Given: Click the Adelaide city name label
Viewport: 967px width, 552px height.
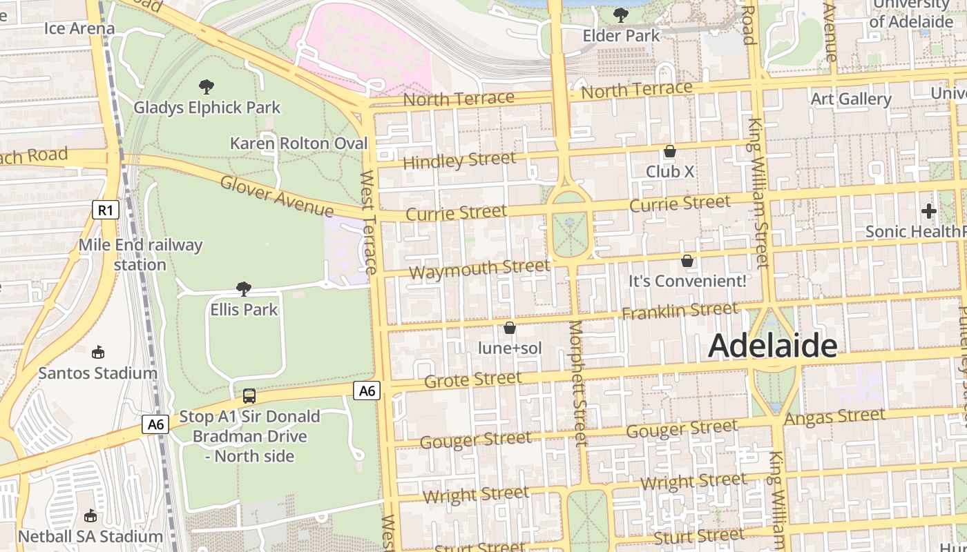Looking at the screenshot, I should [772, 346].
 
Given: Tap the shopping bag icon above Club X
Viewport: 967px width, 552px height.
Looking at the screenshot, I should [669, 151].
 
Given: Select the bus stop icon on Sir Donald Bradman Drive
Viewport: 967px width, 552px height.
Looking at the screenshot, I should [249, 396].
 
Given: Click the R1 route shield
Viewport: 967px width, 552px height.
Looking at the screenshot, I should [105, 210].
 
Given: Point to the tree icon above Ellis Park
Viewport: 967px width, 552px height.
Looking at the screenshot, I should [243, 289].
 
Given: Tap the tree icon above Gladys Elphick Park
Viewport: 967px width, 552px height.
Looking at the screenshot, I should [206, 87].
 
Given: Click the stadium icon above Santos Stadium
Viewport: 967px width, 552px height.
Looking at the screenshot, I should [98, 353].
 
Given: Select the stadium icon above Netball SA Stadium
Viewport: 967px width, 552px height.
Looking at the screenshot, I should [90, 516].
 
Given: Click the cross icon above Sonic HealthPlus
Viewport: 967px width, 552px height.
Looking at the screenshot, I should [928, 210].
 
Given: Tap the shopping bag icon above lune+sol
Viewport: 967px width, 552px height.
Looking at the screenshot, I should [510, 328].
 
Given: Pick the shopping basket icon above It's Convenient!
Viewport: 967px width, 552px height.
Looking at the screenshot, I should [687, 261].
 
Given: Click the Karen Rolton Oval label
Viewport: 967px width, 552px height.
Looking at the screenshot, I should [298, 144].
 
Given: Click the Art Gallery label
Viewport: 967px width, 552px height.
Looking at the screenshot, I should [850, 99].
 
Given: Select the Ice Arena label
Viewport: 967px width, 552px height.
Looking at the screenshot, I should [79, 28].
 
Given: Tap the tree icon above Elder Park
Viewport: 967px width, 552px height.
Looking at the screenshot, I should [621, 14].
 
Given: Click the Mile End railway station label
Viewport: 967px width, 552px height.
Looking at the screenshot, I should [140, 255].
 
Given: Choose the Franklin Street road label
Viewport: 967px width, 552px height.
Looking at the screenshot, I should [680, 311].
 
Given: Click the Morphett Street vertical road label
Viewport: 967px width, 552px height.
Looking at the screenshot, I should [578, 383].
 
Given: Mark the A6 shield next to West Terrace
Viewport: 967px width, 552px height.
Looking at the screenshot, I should [367, 391].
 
